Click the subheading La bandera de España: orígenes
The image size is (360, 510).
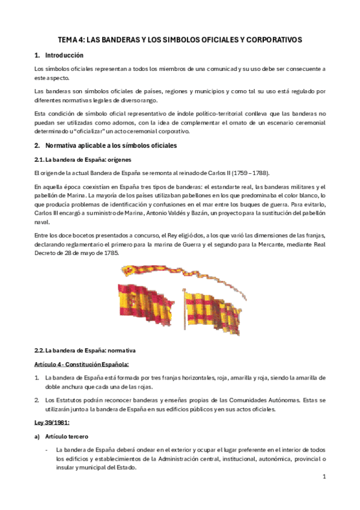[x=79, y=159]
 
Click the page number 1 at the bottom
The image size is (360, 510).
[x=324, y=477]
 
